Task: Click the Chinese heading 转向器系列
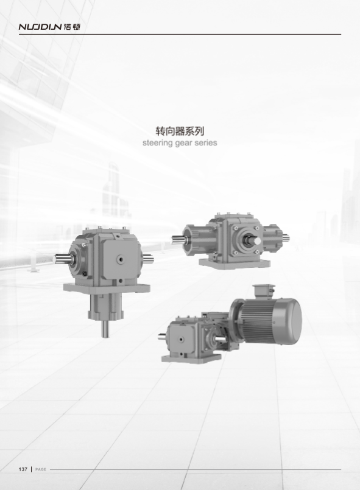coord(180,131)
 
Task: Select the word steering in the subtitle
coord(157,143)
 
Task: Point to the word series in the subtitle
coord(205,143)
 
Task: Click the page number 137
coord(23,469)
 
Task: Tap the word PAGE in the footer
coord(41,469)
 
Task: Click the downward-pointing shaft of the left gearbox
coord(106,329)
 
